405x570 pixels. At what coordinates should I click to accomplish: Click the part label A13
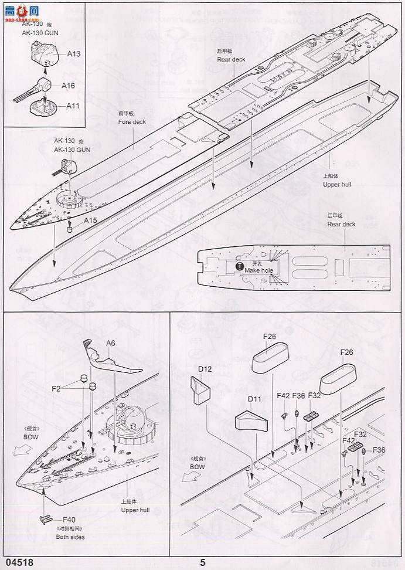pos(73,54)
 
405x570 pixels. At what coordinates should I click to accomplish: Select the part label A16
pos(69,86)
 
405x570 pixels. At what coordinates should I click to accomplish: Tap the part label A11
pos(73,106)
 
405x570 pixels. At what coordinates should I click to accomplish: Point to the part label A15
pos(90,220)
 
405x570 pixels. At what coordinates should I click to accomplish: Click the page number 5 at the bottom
pos(202,562)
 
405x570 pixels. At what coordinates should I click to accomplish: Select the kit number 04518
pos(18,562)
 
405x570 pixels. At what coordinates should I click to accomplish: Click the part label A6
pos(111,342)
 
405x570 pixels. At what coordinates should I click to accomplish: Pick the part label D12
pos(205,369)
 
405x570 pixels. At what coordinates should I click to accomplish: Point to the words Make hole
pos(259,270)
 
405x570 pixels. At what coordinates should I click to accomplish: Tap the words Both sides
pos(69,537)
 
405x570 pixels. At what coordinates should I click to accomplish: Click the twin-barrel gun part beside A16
pos(42,84)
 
